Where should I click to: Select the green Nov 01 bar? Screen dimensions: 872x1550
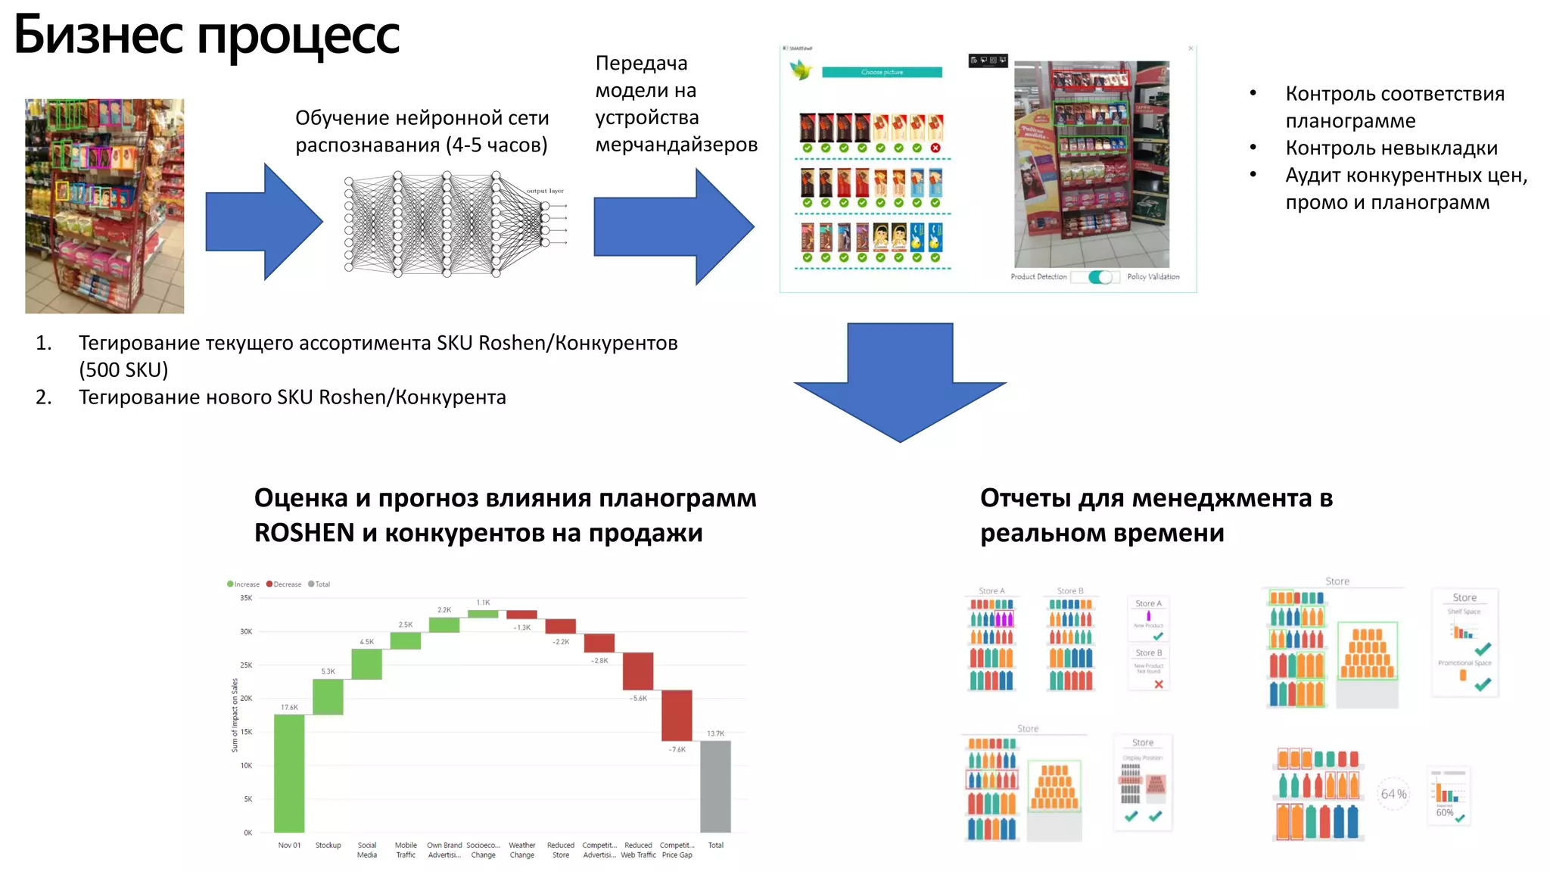coord(289,773)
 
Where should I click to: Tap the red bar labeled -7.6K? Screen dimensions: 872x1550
coord(677,715)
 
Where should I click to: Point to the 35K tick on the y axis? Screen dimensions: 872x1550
coord(246,598)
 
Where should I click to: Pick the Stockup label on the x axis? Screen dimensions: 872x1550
coord(328,846)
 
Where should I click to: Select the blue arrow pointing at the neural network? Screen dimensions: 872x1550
coord(264,222)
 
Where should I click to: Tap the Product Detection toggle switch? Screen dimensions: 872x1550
coord(1100,277)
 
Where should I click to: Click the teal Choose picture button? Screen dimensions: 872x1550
coord(882,73)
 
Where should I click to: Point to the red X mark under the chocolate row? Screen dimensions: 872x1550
coord(935,148)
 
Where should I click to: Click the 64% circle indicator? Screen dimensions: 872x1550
coord(1393,794)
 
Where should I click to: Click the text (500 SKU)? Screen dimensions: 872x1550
coord(123,370)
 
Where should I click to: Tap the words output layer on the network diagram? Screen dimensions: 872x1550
coord(545,191)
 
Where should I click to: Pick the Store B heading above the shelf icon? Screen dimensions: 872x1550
coord(1070,591)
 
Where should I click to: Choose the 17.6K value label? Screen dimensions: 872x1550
coord(289,708)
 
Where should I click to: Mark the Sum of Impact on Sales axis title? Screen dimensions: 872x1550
coord(235,715)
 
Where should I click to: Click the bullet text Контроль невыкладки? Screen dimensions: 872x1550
coord(1391,148)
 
